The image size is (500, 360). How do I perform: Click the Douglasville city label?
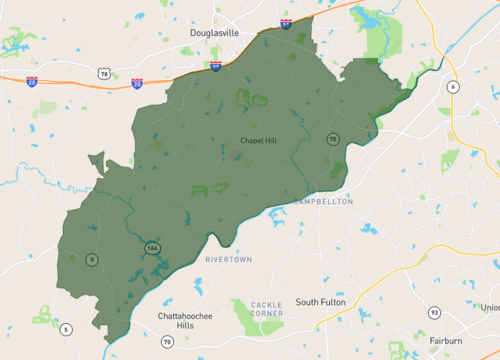tap(209, 32)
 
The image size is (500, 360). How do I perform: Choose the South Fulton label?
tap(321, 302)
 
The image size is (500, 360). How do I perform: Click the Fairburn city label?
tap(446, 340)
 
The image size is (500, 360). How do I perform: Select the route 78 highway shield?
tap(103, 73)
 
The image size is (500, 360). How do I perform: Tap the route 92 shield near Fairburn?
tap(434, 313)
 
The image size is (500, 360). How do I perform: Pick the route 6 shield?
tap(453, 87)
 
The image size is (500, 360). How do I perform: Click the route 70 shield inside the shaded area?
tap(331, 139)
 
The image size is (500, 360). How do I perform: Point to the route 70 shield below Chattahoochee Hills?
tap(167, 342)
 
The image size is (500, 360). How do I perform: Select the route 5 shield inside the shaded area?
tap(92, 260)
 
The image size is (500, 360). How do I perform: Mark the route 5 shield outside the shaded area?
tap(66, 329)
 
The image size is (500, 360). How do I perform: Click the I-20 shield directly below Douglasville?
tap(216, 65)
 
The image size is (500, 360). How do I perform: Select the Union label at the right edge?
tap(489, 307)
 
